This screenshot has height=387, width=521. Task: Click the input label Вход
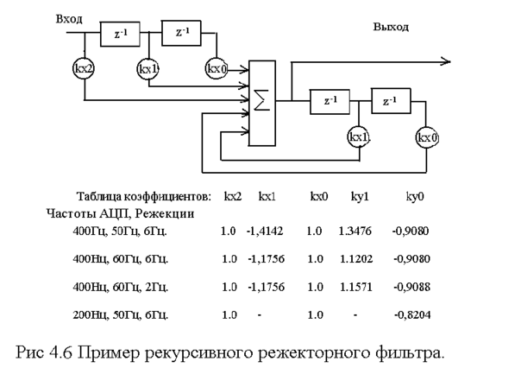pos(69,17)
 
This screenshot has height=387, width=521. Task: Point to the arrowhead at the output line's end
pos(445,61)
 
